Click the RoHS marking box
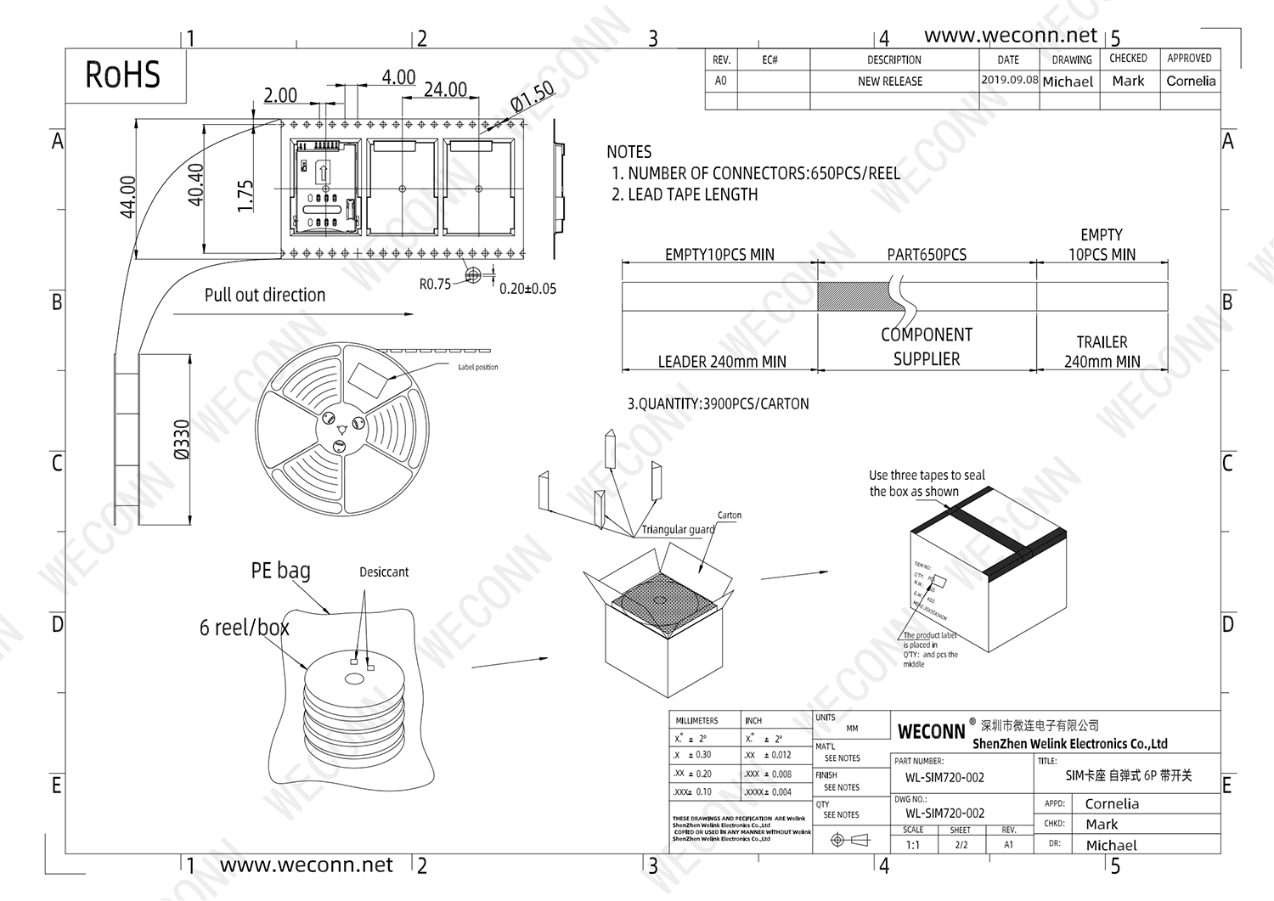coord(124,75)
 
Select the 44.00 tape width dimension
coord(128,196)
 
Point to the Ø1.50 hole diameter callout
coord(532,96)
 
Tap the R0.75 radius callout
coord(435,284)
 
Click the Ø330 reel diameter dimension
coord(182,439)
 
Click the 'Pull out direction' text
coord(264,295)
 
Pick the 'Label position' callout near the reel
coord(478,367)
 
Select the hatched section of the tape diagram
coord(849,297)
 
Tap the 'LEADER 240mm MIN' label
coord(721,362)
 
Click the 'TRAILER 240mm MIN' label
coord(1102,352)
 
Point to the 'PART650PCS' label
coord(927,255)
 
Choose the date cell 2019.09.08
coord(1009,80)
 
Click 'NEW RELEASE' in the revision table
coord(889,82)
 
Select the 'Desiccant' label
coord(383,572)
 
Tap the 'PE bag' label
coord(280,571)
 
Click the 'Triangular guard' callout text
coord(677,530)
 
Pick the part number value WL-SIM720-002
coord(944,778)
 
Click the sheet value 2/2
coord(961,845)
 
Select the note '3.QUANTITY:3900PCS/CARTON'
coord(718,404)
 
